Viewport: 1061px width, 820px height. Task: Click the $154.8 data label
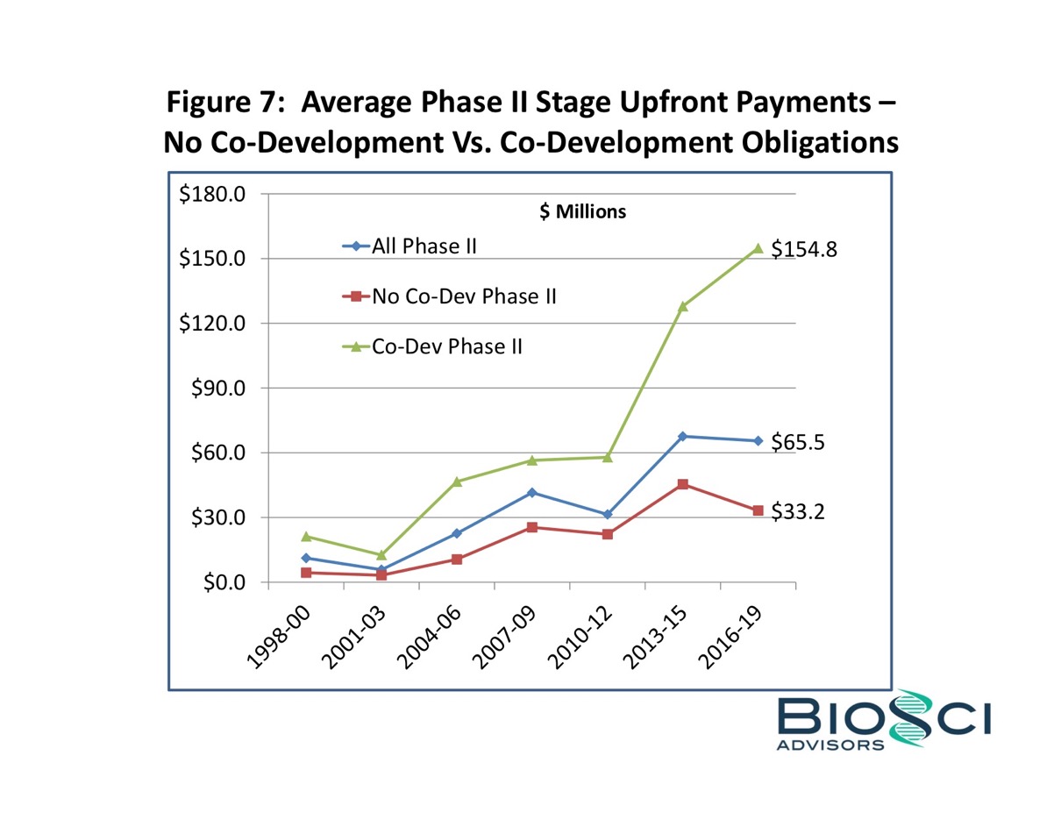click(x=804, y=250)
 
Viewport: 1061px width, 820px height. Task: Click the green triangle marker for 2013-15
click(x=683, y=306)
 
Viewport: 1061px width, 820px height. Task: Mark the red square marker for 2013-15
click(x=683, y=484)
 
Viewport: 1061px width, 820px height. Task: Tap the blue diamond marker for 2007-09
click(x=532, y=493)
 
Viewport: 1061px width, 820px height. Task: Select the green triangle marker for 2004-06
click(x=457, y=481)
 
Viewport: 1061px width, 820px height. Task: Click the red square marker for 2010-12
click(x=608, y=534)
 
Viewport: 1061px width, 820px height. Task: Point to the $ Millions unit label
click(x=581, y=211)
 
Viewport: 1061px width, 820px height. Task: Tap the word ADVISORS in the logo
click(x=830, y=745)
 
